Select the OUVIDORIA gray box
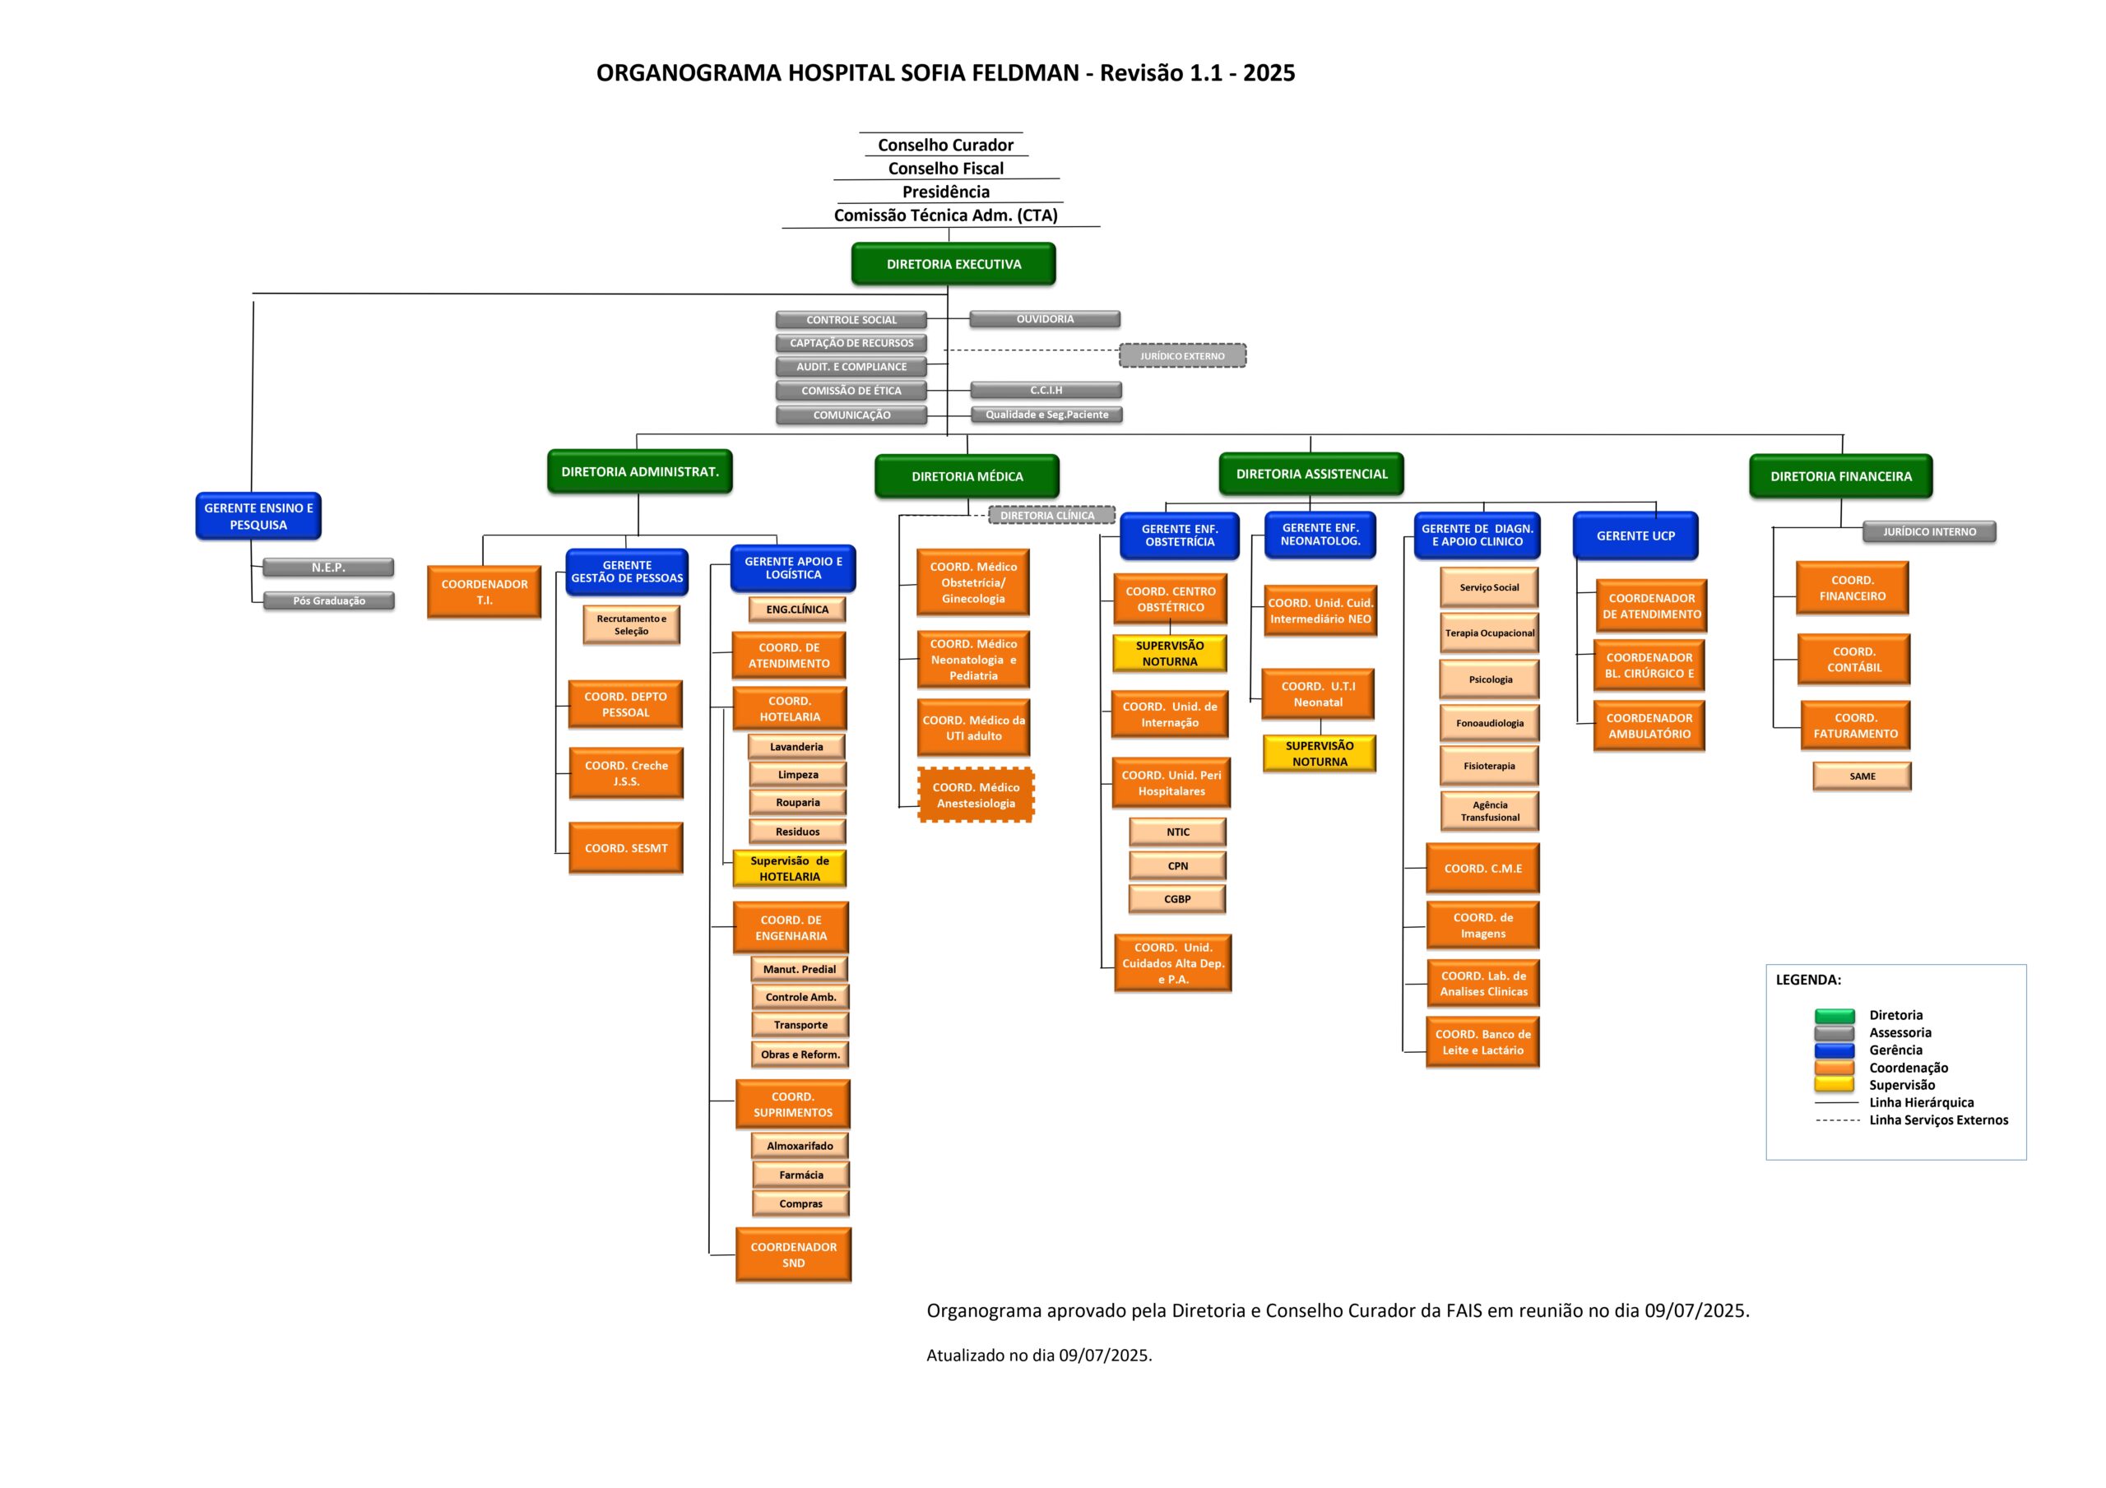[x=1045, y=319]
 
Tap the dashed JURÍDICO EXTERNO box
[x=1182, y=356]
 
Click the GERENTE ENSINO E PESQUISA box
[x=257, y=517]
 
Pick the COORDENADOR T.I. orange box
[x=485, y=592]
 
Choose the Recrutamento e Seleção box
[x=631, y=625]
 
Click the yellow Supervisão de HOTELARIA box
[x=789, y=869]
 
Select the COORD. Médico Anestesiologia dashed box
[x=975, y=795]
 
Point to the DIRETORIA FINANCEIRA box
[x=1840, y=476]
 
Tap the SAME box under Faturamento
[x=1862, y=776]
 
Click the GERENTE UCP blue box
[x=1635, y=535]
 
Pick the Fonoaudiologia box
[x=1490, y=723]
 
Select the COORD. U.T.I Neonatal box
[x=1318, y=694]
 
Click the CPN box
[x=1178, y=866]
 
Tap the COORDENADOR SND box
[x=793, y=1255]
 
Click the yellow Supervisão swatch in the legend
[x=1835, y=1085]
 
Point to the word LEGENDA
[x=1808, y=980]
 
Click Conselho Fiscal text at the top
[x=946, y=169]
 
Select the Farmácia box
[x=800, y=1175]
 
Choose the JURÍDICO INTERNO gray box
[x=1929, y=532]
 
